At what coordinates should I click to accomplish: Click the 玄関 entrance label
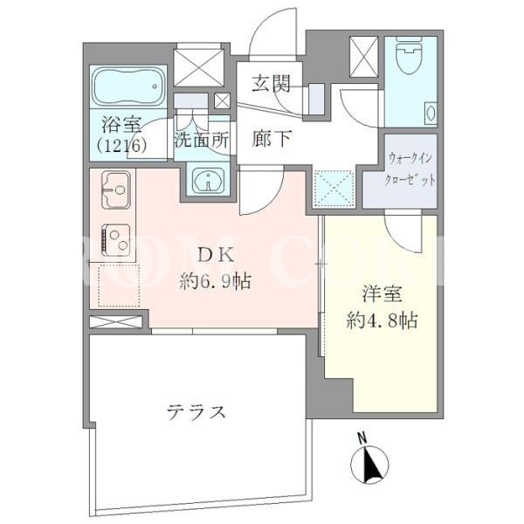click(x=271, y=83)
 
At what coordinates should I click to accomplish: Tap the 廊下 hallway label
click(x=272, y=138)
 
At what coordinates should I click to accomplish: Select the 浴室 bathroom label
click(x=121, y=124)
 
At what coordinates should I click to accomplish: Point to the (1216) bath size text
click(x=121, y=146)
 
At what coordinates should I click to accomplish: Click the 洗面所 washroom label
click(x=202, y=140)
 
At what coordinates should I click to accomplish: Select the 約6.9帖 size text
click(x=215, y=281)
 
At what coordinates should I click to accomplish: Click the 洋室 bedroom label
click(x=382, y=294)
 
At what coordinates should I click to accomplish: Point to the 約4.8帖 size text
click(x=382, y=321)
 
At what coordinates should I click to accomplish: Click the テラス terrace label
click(x=196, y=411)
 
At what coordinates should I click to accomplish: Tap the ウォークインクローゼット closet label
click(x=410, y=169)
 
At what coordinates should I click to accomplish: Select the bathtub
click(x=128, y=86)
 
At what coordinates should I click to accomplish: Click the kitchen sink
click(x=115, y=190)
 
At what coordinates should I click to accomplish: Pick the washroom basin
click(x=209, y=181)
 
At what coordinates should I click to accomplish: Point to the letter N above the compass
click(x=362, y=438)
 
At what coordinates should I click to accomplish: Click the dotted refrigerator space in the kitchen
click(x=119, y=285)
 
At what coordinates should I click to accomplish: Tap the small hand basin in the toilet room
click(x=430, y=114)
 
